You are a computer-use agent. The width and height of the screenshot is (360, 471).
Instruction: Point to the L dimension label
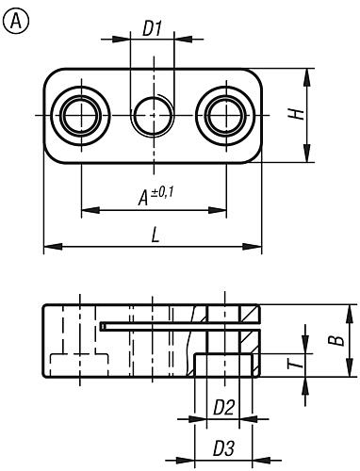click(154, 235)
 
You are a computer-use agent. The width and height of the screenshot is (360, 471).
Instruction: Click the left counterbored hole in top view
click(81, 115)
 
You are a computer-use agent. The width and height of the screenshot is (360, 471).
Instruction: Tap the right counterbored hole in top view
click(227, 115)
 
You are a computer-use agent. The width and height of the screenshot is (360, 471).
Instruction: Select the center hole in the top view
click(154, 115)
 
